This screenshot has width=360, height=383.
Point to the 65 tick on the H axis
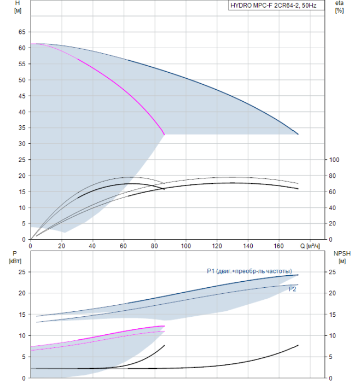pos(22,32)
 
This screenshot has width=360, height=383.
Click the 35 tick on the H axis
pos(22,128)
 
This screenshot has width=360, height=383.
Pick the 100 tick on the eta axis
pos(334,160)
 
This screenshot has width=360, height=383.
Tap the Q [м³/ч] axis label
pos(310,245)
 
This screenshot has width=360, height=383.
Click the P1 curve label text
pos(249,271)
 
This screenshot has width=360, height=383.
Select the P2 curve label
pos(293,289)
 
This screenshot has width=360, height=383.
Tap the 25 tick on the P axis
pos(22,272)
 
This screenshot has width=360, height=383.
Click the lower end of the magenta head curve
pos(165,134)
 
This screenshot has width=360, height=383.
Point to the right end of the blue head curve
pos(298,134)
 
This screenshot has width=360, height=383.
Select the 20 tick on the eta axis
pos(333,224)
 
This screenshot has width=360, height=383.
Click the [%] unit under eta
pos(339,11)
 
